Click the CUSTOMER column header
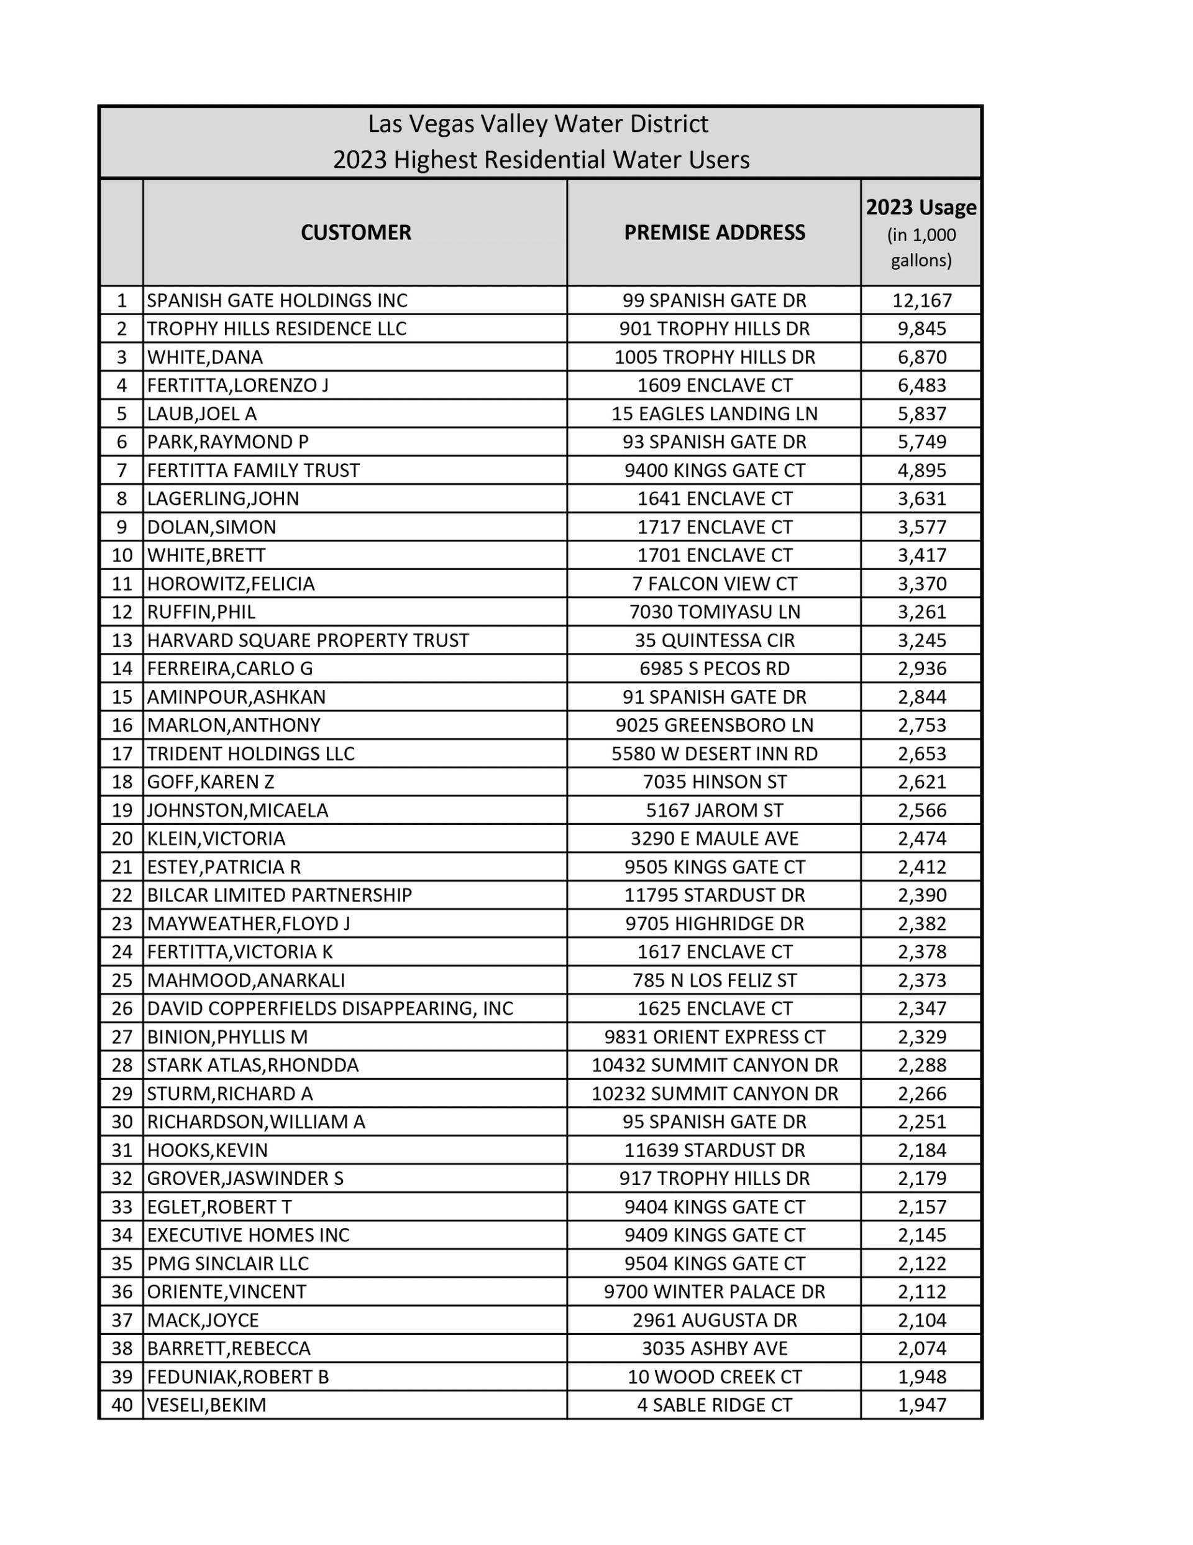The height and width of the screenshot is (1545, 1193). (x=355, y=233)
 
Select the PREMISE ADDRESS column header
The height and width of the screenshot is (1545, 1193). (x=714, y=233)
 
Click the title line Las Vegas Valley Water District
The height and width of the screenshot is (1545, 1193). (x=537, y=124)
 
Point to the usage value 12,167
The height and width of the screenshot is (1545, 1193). (x=922, y=301)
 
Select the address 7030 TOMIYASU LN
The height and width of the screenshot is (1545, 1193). (x=714, y=612)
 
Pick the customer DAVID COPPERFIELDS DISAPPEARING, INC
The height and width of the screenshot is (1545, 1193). (x=329, y=1009)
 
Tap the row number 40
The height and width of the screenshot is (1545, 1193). (x=122, y=1405)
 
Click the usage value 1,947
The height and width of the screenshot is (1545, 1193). (x=922, y=1405)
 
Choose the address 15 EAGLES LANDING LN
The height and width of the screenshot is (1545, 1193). (x=714, y=414)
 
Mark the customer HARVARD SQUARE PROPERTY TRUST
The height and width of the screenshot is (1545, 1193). (x=308, y=640)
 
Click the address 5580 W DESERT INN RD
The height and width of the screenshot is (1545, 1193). (x=714, y=754)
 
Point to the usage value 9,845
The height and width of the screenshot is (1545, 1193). (x=922, y=329)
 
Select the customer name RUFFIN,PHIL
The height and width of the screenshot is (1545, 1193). (x=201, y=612)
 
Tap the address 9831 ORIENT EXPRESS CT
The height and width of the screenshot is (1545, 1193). (x=714, y=1037)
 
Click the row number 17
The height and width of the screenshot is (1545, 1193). (x=122, y=754)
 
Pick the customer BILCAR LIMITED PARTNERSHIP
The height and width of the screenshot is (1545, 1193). (x=280, y=895)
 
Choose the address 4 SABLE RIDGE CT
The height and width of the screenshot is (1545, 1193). (x=714, y=1405)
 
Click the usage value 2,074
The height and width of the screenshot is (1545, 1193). (x=922, y=1349)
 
